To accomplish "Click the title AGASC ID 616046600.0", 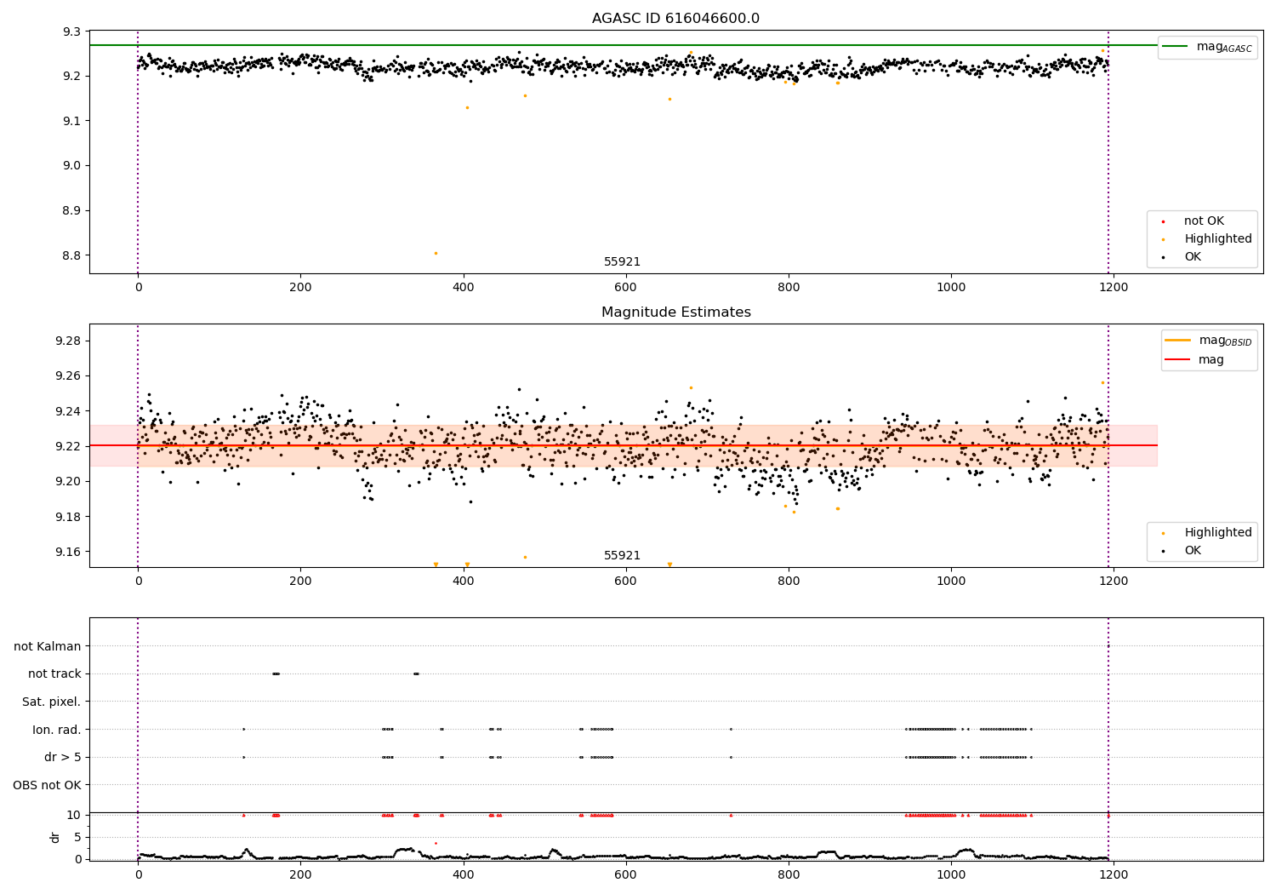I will (x=675, y=19).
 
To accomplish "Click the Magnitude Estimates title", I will (x=675, y=312).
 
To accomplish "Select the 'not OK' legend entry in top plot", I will (x=1204, y=221).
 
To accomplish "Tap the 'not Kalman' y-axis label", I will (x=48, y=646).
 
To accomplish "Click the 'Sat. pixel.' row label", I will (x=51, y=702).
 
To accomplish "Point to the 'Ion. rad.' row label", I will (x=57, y=730).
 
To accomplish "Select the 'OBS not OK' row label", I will (x=47, y=785).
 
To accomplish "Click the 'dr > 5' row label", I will (x=62, y=757).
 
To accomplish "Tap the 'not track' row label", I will (x=54, y=673).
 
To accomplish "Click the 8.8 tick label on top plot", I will (x=71, y=255).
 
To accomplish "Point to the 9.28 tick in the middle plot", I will (x=67, y=341).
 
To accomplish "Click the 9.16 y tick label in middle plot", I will (x=67, y=552).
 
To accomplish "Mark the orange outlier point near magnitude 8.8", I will (x=436, y=253).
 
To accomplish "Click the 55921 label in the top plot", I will (x=622, y=262).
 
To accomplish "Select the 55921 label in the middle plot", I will (x=622, y=556).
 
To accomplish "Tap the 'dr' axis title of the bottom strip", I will (x=55, y=837).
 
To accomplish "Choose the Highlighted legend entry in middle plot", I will (x=1217, y=533).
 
